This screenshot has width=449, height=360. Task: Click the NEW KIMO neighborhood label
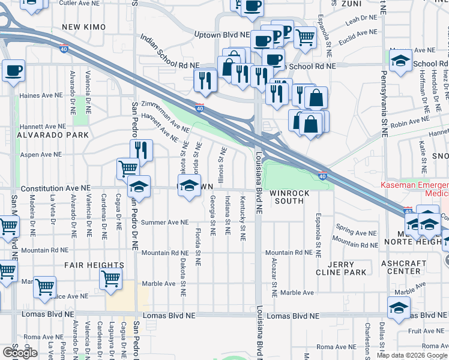coord(83,27)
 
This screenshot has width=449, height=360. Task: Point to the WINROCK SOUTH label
coord(289,197)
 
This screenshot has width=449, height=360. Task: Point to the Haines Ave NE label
coord(41,95)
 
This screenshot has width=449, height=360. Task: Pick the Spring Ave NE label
coord(356,230)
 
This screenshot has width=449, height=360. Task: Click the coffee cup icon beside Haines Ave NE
coord(13,71)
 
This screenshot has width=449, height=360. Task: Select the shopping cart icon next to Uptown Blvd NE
coord(306,37)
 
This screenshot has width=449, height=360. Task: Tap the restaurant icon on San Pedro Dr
coord(141,151)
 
